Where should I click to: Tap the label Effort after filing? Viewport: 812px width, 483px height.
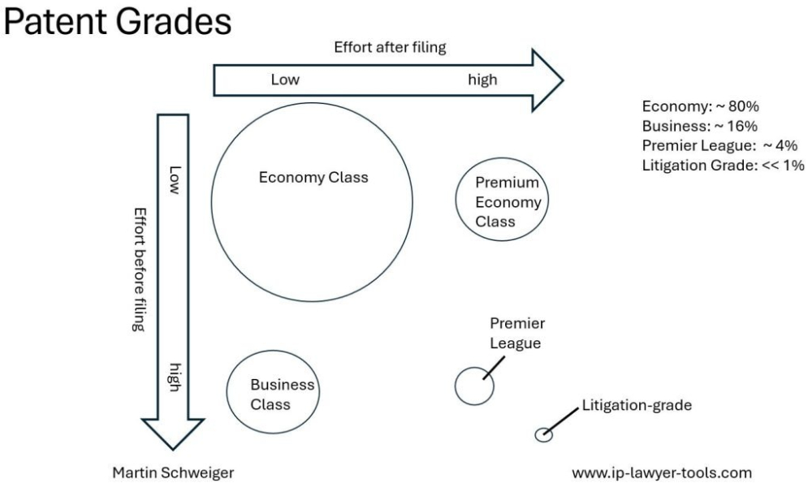tap(390, 47)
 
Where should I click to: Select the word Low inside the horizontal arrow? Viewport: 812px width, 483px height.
tap(285, 80)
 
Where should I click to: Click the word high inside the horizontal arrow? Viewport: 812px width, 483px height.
tap(482, 80)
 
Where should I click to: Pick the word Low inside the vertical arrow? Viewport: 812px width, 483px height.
tap(172, 180)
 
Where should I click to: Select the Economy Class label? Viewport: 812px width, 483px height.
tap(313, 178)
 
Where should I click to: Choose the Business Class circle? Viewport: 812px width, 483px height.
tap(270, 394)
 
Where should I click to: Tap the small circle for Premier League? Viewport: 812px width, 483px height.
tap(474, 385)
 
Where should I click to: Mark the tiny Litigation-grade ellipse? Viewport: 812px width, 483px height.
tap(543, 435)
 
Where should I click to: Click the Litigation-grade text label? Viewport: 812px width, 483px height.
tap(637, 407)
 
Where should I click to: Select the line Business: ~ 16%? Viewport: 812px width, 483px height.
tap(700, 126)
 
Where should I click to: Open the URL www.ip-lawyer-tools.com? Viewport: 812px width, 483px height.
tap(662, 472)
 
